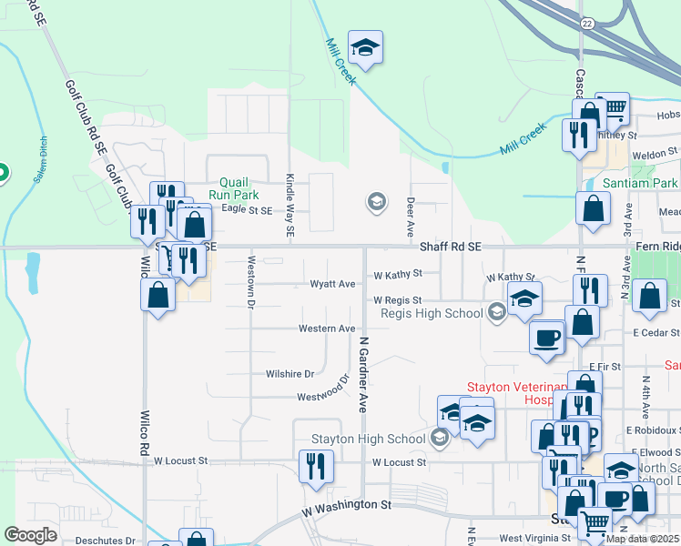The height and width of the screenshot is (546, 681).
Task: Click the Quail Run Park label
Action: [x=233, y=188]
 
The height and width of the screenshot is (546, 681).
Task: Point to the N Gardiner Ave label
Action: [x=362, y=374]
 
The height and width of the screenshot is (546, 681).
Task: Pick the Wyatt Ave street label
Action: [x=333, y=284]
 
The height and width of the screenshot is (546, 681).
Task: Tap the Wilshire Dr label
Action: [x=290, y=373]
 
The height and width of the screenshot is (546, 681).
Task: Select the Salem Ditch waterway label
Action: [x=40, y=160]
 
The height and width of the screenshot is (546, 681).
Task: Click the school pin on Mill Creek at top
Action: [x=365, y=48]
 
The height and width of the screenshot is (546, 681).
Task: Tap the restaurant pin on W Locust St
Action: [x=317, y=466]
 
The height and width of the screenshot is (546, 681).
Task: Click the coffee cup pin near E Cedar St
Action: [x=546, y=336]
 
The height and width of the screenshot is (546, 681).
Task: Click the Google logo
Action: [x=31, y=535]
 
